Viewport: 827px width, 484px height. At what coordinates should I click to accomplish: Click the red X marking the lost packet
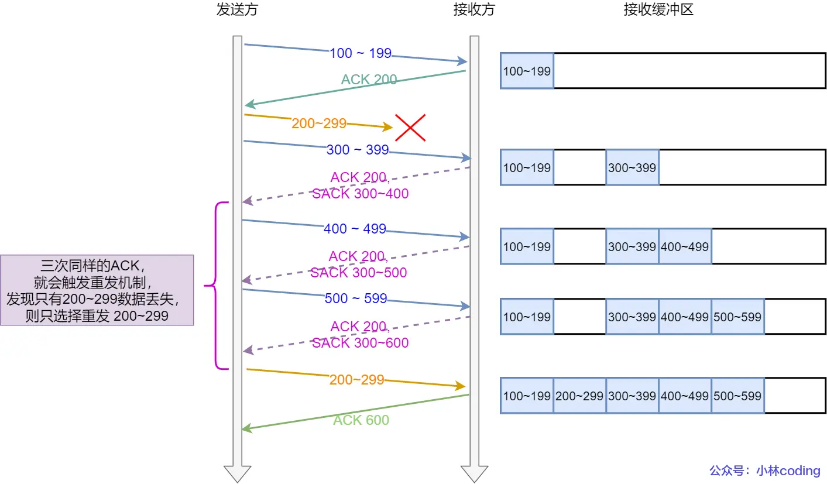click(x=410, y=128)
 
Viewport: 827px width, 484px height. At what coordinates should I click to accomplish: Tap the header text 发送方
click(x=237, y=10)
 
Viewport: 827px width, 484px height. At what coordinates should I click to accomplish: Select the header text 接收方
click(x=473, y=10)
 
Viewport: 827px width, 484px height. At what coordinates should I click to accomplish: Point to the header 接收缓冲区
click(x=658, y=10)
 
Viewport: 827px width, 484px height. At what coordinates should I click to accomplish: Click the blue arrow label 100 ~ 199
click(x=360, y=53)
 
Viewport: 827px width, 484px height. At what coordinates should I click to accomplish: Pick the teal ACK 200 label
click(x=369, y=80)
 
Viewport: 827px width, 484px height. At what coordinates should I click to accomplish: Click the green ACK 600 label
click(x=361, y=420)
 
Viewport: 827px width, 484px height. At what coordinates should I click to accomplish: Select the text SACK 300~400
click(x=360, y=193)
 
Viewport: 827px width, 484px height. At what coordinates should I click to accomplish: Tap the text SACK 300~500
click(x=358, y=273)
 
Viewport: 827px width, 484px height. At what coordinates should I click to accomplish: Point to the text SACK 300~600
click(x=360, y=343)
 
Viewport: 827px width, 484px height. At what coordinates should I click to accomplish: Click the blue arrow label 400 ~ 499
click(x=355, y=229)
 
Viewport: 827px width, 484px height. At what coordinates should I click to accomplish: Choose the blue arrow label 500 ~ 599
click(x=356, y=298)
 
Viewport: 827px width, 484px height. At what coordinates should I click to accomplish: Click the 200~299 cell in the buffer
click(x=579, y=396)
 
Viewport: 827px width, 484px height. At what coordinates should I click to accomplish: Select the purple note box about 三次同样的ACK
click(x=97, y=290)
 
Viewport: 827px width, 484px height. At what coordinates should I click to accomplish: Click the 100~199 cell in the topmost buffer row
click(x=527, y=71)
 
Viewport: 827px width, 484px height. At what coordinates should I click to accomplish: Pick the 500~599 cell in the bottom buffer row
click(x=737, y=396)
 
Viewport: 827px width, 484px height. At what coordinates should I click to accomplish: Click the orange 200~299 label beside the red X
click(x=319, y=123)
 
